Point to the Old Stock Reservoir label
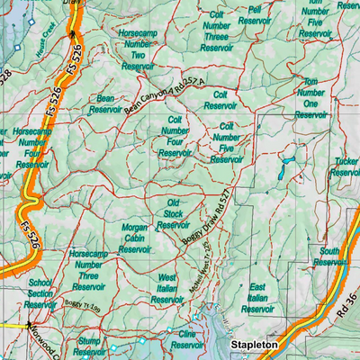tap(174, 214)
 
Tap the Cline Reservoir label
tap(186, 339)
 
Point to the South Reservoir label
tap(331, 256)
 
